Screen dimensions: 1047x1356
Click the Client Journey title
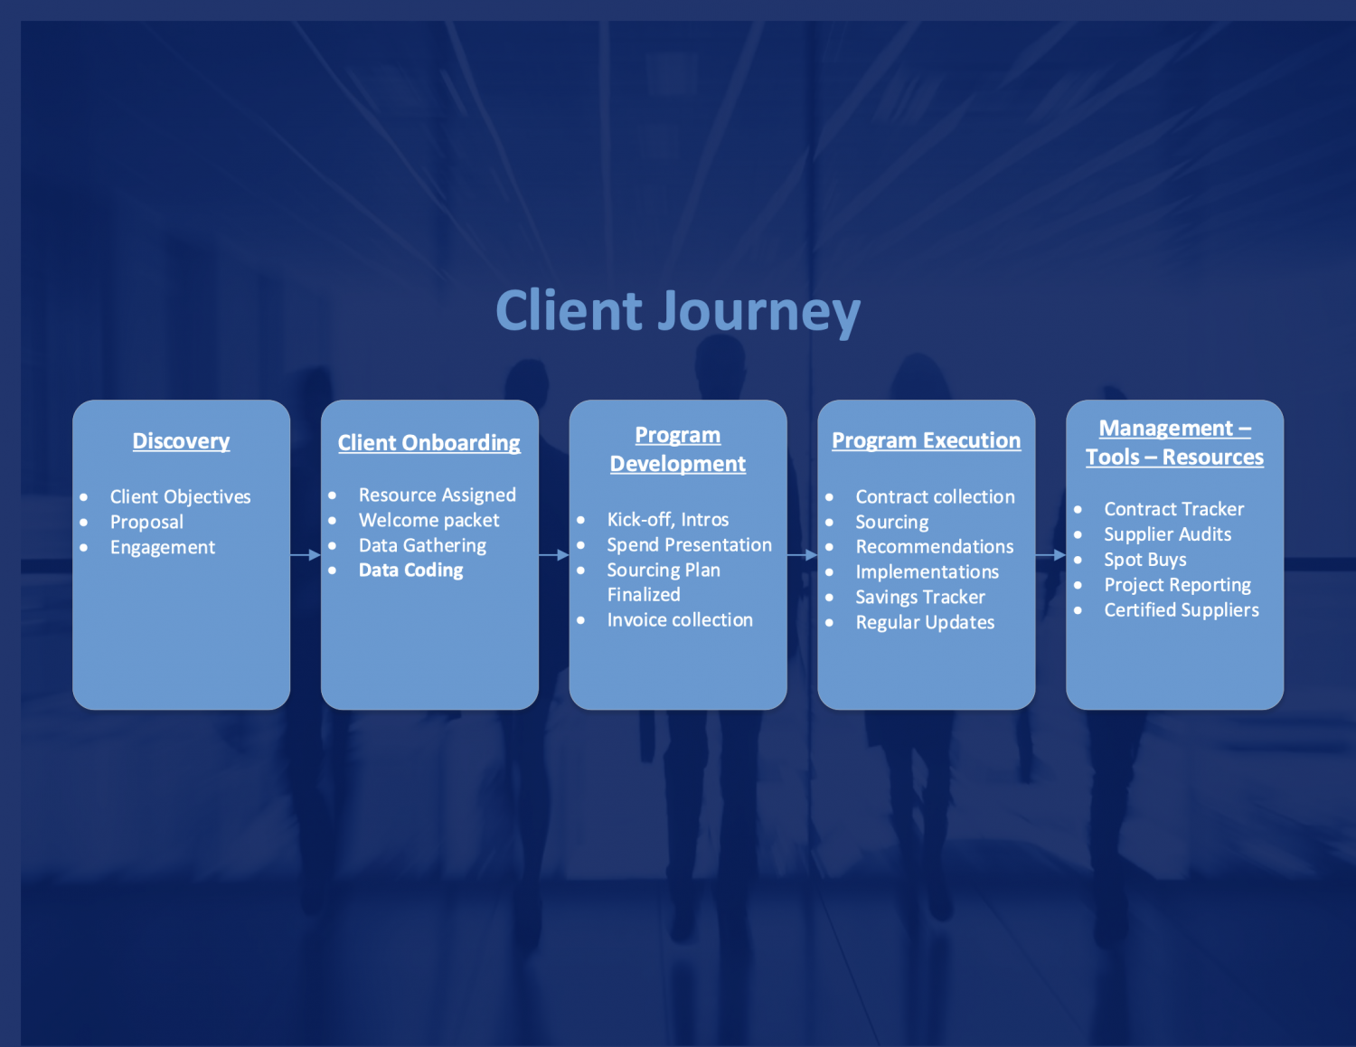coord(677,311)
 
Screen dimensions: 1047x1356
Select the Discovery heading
coord(181,441)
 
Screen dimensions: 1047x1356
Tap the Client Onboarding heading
coord(428,443)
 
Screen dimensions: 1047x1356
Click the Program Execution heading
coord(926,440)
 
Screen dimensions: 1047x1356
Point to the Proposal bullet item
coord(146,523)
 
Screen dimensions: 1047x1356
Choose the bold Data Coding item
coord(410,571)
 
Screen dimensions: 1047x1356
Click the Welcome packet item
coord(428,521)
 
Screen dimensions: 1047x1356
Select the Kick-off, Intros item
coord(667,520)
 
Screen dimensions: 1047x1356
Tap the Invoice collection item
coord(679,620)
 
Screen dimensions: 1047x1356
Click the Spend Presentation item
coord(689,545)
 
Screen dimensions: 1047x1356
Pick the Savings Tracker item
coord(919,598)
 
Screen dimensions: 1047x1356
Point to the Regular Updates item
coord(924,623)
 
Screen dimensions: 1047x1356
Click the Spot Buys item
coord(1144,560)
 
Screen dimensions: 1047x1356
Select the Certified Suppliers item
coord(1181,610)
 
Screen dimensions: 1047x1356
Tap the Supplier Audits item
coord(1167,534)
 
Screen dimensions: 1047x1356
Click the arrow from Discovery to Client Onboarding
coord(306,555)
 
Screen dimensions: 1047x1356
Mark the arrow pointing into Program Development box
coord(554,555)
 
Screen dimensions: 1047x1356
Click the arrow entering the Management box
coord(1050,555)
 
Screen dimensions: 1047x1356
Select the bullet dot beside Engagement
coord(84,548)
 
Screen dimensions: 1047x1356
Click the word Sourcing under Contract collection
coord(891,523)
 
